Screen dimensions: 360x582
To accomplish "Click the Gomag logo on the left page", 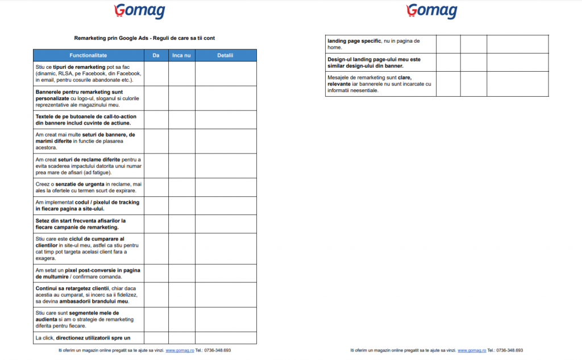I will (139, 11).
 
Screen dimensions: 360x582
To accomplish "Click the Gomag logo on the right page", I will (431, 11).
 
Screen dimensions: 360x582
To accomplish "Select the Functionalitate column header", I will (88, 56).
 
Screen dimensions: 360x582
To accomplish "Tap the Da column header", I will (156, 56).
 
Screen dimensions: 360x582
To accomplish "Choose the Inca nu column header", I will (181, 56).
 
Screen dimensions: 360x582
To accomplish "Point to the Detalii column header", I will (226, 56).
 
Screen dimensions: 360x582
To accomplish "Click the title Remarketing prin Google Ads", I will (144, 38).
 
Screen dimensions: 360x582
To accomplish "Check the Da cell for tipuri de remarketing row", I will (156, 74).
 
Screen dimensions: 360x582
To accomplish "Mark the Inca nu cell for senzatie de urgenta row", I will (181, 188).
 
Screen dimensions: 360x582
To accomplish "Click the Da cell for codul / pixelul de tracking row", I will (156, 206).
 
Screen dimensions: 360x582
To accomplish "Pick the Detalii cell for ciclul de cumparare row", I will (226, 249).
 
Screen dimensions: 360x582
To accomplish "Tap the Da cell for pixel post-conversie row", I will (156, 274).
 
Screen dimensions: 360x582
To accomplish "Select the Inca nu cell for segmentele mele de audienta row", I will (181, 320).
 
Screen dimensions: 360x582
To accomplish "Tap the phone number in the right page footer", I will (509, 350).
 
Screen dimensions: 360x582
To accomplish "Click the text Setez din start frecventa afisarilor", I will (80, 221).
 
